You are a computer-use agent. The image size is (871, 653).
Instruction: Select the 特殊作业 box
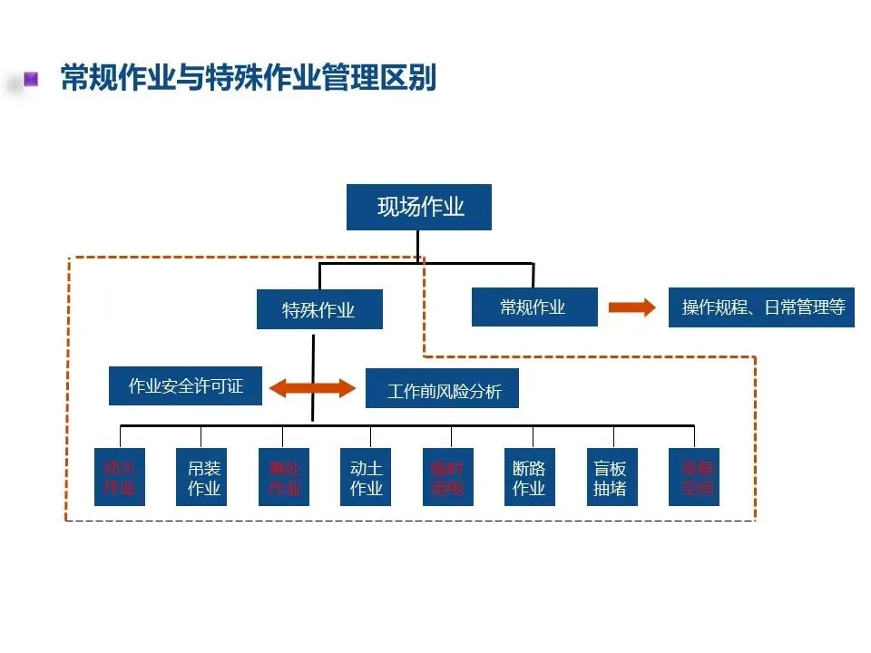(x=318, y=310)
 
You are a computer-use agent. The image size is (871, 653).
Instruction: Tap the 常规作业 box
(x=534, y=307)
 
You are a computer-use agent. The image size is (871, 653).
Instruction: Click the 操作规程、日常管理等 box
(x=762, y=307)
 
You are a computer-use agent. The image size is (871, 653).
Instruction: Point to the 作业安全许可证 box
(x=186, y=386)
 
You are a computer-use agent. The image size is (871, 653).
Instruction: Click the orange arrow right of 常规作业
(x=631, y=307)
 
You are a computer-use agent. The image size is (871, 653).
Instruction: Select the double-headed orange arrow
(x=313, y=388)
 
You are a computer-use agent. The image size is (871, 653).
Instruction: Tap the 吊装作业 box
(x=204, y=478)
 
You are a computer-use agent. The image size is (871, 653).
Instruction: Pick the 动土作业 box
(x=367, y=478)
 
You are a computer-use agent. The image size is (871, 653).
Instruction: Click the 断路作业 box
(x=529, y=478)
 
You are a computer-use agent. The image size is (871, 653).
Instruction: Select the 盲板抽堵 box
(x=611, y=478)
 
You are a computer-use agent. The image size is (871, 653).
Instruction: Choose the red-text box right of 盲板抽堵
(x=693, y=478)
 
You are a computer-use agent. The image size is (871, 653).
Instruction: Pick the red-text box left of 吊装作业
(x=120, y=478)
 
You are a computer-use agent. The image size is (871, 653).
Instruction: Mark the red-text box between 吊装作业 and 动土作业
(x=284, y=478)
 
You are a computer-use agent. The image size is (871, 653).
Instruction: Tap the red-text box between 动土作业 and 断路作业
(x=447, y=478)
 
